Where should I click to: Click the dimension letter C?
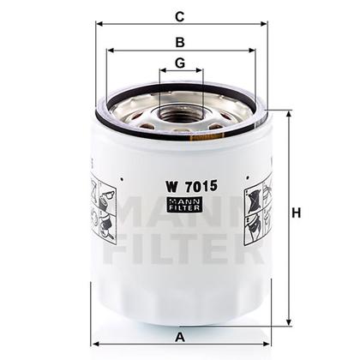pos(179,15)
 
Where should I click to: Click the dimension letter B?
pos(179,41)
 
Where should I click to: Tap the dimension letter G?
pos(179,63)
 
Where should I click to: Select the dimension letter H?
pos(297,214)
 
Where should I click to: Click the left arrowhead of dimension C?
pos(93,23)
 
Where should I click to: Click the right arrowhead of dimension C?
pos(266,23)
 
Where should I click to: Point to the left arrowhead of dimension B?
pos(107,51)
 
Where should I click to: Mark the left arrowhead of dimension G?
pos(161,72)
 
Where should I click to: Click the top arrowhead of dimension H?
pos(287,112)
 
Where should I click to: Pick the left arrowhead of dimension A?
pos(93,325)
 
